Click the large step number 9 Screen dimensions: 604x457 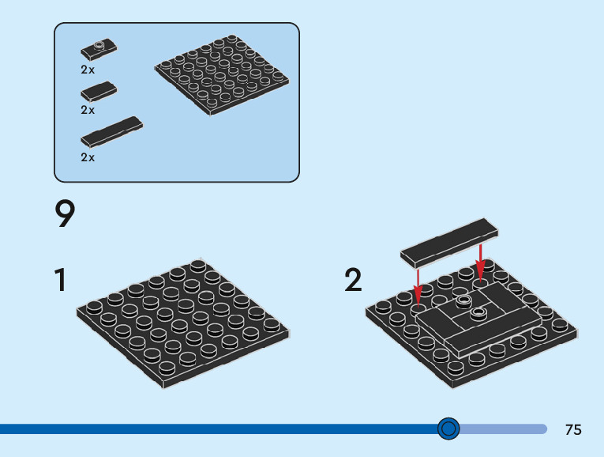point(66,215)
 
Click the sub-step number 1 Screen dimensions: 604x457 point(60,281)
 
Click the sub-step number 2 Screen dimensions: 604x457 point(353,281)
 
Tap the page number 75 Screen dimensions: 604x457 point(573,430)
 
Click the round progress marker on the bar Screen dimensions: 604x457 point(448,429)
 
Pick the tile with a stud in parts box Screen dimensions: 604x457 point(99,50)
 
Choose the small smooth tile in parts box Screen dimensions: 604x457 point(99,91)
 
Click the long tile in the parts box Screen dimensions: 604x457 point(111,132)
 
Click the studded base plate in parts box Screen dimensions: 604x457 point(220,73)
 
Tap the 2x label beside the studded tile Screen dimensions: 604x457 point(88,70)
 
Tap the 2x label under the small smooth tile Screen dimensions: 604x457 point(88,111)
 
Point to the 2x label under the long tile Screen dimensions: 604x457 point(88,157)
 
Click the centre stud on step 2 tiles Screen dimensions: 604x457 point(478,314)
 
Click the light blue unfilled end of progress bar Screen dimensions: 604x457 point(505,429)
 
